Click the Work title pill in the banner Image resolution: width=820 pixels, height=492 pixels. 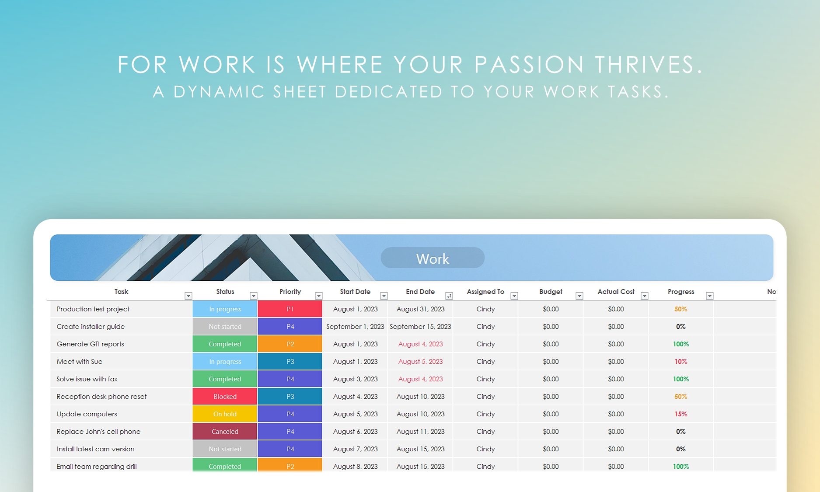(x=433, y=258)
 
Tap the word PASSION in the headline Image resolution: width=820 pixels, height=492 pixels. (x=530, y=65)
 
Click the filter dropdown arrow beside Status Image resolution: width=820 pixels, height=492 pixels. (x=253, y=296)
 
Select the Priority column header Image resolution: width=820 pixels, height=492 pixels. (x=290, y=292)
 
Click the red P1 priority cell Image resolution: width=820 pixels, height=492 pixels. (x=290, y=309)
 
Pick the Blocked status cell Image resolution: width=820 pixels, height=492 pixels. (x=225, y=397)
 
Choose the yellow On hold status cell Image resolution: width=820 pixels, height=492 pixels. (x=225, y=414)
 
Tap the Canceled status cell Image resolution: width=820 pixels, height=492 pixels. (x=225, y=432)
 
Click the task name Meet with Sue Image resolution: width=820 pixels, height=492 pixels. (x=80, y=362)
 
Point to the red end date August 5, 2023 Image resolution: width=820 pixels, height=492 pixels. (x=420, y=362)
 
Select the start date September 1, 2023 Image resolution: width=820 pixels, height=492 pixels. (x=355, y=327)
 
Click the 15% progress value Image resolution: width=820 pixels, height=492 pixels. (x=681, y=414)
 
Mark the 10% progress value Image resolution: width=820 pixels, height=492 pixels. (x=681, y=362)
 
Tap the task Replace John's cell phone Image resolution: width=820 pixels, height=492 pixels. (x=98, y=432)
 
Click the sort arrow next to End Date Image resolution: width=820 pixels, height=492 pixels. (x=449, y=296)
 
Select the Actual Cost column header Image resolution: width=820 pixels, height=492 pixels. (x=616, y=292)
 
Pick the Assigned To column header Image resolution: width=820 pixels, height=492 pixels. (x=485, y=292)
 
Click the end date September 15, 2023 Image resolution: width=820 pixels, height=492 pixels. (x=420, y=327)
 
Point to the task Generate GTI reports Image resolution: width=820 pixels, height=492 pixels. (x=90, y=344)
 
